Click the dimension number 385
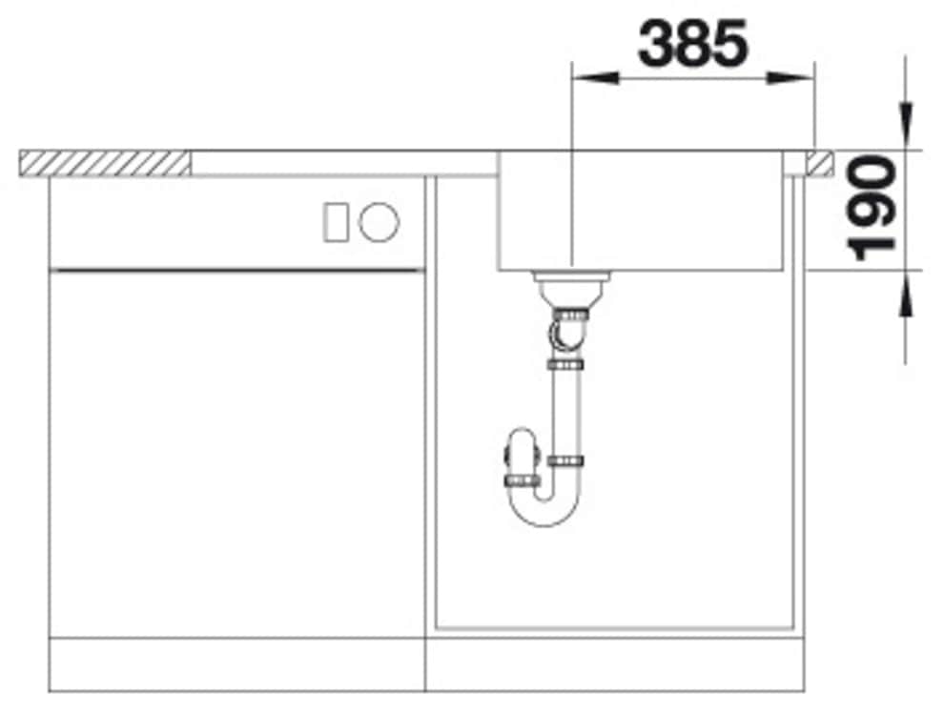692,44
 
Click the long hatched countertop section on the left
105,163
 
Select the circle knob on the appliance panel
379,223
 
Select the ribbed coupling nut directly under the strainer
570,312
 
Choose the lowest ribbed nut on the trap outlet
522,478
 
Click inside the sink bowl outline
648,214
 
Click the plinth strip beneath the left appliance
236,663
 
